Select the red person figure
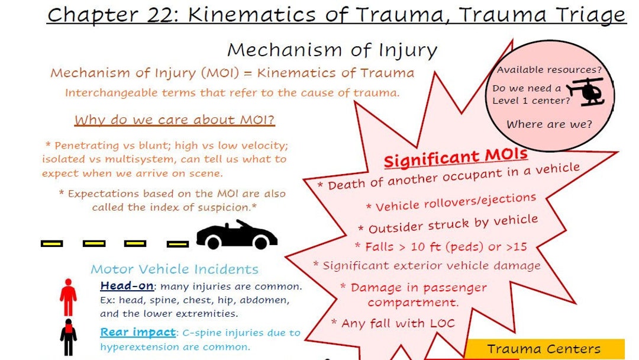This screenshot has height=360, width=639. pyautogui.click(x=68, y=297)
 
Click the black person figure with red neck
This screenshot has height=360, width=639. pyautogui.click(x=68, y=336)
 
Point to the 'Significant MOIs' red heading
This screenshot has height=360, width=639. pyautogui.click(x=455, y=157)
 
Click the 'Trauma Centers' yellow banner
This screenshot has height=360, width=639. pyautogui.click(x=544, y=349)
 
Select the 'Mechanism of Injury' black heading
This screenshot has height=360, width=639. pyautogui.click(x=332, y=50)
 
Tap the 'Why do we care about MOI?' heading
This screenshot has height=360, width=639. pyautogui.click(x=175, y=120)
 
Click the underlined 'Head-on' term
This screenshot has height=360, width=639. pyautogui.click(x=127, y=286)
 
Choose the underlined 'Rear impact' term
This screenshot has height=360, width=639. pyautogui.click(x=138, y=333)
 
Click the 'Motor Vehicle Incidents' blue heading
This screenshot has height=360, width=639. pyautogui.click(x=175, y=269)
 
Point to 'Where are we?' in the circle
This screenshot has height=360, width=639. pyautogui.click(x=549, y=124)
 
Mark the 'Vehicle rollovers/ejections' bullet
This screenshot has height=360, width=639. pyautogui.click(x=451, y=202)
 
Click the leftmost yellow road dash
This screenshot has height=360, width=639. pyautogui.click(x=51, y=243)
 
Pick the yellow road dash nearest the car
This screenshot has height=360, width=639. pyautogui.click(x=177, y=243)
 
